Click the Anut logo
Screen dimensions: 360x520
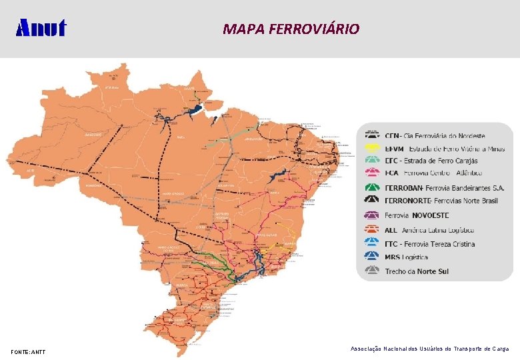click(41, 28)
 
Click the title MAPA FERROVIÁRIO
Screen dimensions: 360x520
click(291, 29)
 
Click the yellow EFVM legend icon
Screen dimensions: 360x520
click(373, 149)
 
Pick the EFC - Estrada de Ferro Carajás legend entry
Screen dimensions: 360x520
click(431, 161)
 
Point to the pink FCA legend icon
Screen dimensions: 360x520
click(373, 173)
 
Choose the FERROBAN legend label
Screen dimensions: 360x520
click(445, 188)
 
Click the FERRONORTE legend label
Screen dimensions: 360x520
click(442, 199)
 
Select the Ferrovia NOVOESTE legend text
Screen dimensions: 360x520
click(417, 215)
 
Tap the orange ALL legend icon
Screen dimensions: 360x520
click(373, 231)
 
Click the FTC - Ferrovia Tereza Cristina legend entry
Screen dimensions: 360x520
click(430, 244)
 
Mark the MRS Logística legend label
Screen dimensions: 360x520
click(406, 257)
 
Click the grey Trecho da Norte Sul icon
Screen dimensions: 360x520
click(373, 271)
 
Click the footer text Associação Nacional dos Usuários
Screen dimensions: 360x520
click(429, 349)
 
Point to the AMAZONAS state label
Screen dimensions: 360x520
click(93, 134)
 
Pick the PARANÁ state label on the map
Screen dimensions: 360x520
click(183, 285)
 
